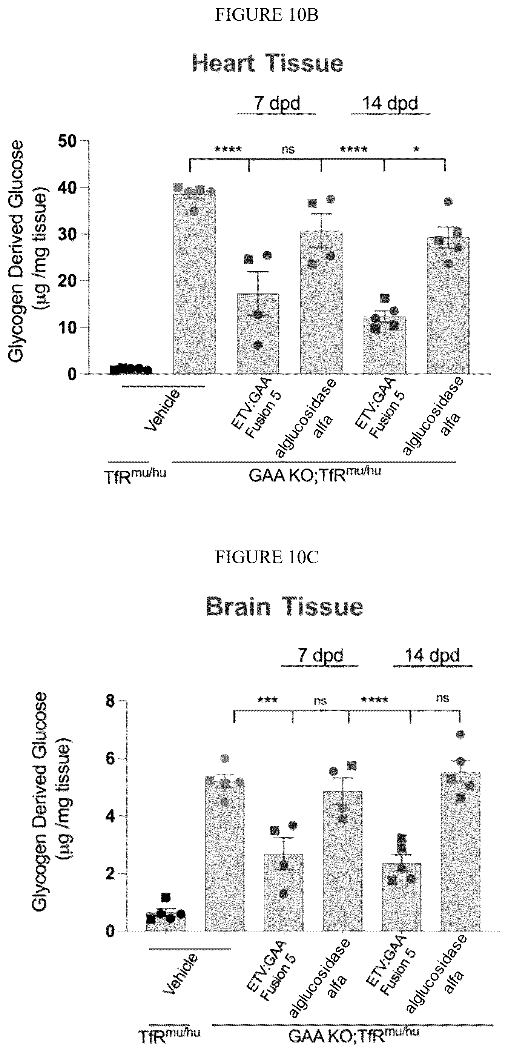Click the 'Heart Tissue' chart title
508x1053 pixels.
(x=267, y=64)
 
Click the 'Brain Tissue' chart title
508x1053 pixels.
(x=284, y=607)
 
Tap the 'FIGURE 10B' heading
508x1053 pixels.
(x=267, y=15)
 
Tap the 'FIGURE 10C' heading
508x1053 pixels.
(x=267, y=558)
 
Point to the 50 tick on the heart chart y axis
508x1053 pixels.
(x=67, y=141)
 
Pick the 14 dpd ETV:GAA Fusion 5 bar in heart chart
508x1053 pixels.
(x=385, y=346)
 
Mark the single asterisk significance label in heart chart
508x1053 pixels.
(x=416, y=150)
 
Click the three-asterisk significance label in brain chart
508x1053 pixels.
(x=268, y=700)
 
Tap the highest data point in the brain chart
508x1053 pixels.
(x=460, y=735)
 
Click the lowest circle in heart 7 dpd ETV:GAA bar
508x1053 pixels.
(x=258, y=346)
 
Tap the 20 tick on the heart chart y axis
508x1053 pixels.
(x=67, y=281)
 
